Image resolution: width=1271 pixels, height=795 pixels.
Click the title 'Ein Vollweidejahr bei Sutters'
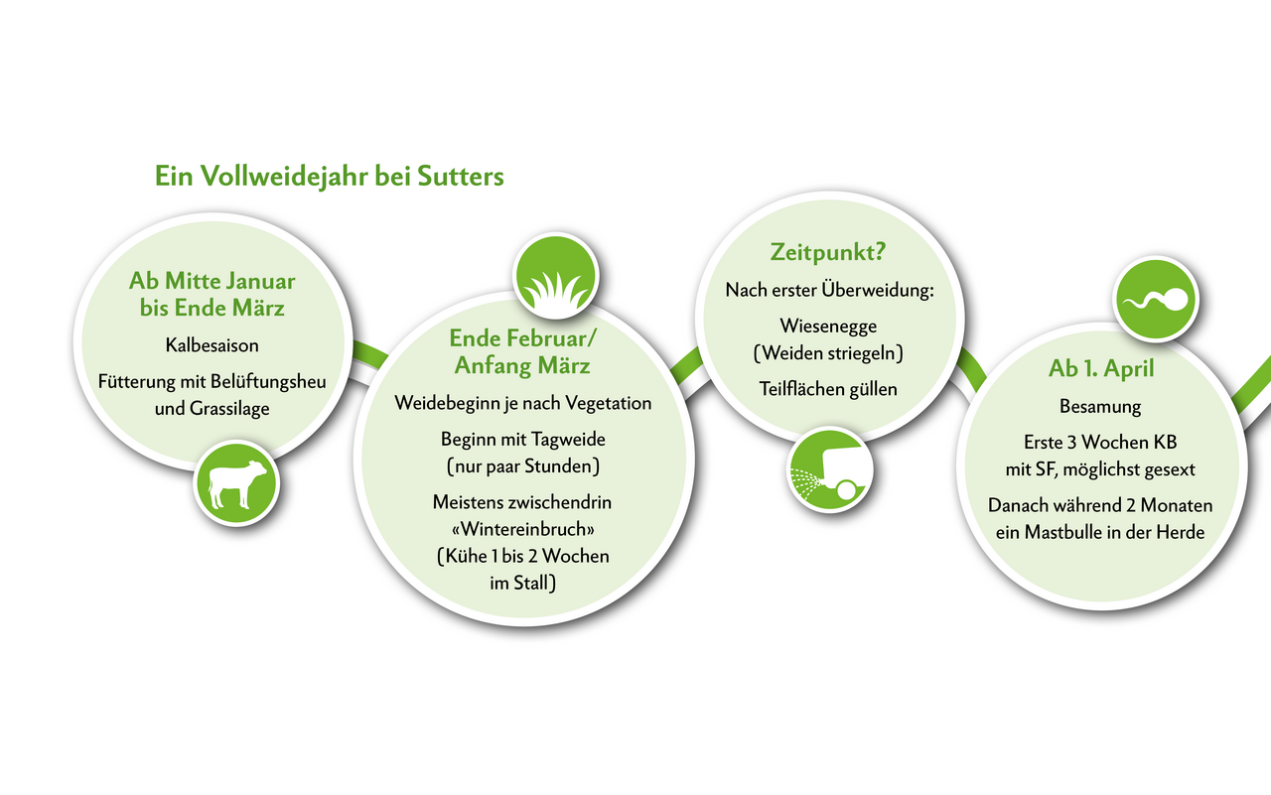[329, 177]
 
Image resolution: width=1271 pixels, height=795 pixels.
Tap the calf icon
[236, 483]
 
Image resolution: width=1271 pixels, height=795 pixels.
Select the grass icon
[554, 275]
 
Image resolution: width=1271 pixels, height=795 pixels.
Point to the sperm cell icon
[1156, 300]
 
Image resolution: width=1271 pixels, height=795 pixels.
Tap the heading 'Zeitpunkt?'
[828, 253]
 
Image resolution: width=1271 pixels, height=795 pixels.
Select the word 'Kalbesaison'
[212, 345]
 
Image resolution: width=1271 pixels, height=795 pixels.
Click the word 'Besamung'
[1100, 406]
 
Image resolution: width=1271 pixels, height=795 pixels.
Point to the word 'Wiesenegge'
[828, 326]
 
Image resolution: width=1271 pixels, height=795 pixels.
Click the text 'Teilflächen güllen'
[828, 388]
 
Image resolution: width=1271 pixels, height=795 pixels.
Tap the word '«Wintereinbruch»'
[522, 528]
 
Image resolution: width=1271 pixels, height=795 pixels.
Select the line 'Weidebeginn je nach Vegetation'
[522, 403]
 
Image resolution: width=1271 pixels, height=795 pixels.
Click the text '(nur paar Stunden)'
[522, 465]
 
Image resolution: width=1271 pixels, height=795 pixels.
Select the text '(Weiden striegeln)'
[828, 352]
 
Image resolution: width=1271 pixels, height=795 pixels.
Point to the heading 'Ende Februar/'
[522, 338]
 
